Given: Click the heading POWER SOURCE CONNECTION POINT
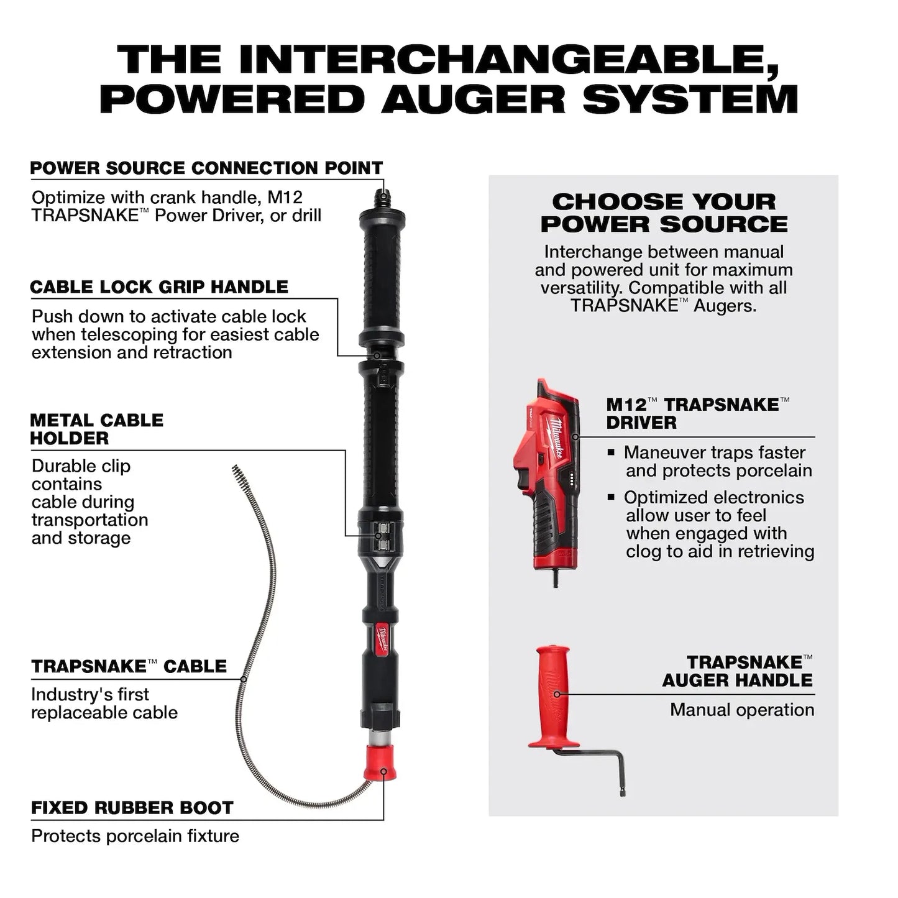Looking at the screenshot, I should coord(206,168).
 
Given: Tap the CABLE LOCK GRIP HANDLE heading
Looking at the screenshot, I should coord(159,287).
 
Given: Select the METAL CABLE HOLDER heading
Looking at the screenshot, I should coord(96,429).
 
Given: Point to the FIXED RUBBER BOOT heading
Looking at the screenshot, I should coord(132,808).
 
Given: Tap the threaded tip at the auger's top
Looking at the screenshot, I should coord(382,200).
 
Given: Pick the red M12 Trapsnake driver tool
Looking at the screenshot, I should coord(547,479).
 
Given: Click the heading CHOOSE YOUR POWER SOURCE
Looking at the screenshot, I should coord(663,213).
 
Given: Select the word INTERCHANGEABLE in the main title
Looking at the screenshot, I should coord(508,60).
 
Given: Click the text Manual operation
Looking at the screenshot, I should coord(741,710).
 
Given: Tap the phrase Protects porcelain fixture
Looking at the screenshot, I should coord(135,836).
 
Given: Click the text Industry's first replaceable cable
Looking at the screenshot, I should coord(104,703).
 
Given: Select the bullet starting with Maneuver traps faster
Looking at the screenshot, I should coord(715,461).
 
